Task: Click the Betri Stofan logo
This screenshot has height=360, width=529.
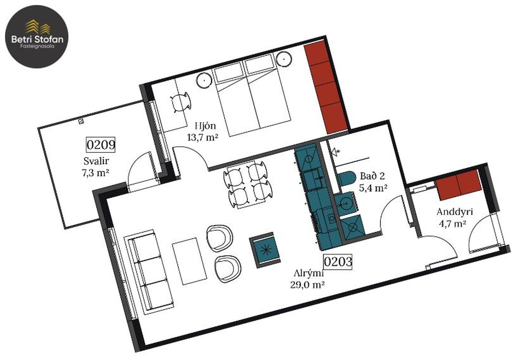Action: coord(37,37)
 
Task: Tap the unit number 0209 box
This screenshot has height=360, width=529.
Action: coord(100,144)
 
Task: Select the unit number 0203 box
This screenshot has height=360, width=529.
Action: coord(338,262)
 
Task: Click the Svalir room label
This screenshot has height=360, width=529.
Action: coord(96,161)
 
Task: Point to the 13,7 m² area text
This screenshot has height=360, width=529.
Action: coord(202,137)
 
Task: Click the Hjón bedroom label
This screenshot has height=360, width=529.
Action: coord(205,126)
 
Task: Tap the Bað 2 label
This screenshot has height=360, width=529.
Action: coord(373,176)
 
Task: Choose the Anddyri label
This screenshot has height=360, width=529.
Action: coord(454,212)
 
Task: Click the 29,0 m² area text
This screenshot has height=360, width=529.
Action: coord(307,285)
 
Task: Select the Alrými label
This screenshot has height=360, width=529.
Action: coord(308,274)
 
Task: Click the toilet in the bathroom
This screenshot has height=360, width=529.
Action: coord(346,178)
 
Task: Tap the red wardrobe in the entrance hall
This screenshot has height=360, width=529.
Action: coord(458,185)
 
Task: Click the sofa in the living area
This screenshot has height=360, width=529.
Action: coord(149,272)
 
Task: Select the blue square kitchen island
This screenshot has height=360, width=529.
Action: coord(265,250)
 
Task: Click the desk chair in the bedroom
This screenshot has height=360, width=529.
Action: coord(180,102)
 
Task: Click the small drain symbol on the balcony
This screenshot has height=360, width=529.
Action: coord(81,121)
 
